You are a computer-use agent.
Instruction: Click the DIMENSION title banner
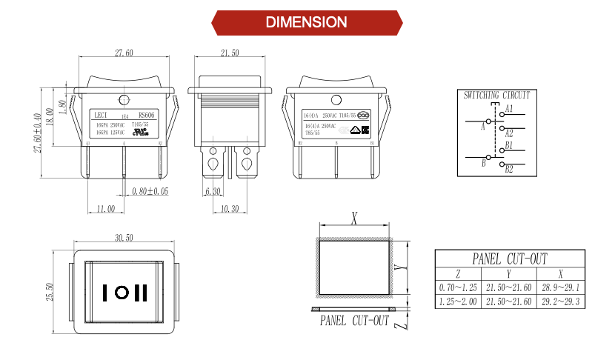tap(307, 22)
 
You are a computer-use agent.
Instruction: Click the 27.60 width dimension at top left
tap(124, 53)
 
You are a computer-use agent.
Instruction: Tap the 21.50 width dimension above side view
tap(230, 53)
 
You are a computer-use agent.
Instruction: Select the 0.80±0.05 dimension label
tap(150, 191)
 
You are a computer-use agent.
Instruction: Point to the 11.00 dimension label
tap(106, 210)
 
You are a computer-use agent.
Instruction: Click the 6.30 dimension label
tap(213, 191)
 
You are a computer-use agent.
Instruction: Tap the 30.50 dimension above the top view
tap(124, 238)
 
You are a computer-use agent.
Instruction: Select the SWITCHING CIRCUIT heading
tap(496, 96)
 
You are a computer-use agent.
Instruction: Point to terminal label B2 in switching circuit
tap(509, 170)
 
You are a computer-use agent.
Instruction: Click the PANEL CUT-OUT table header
tap(511, 259)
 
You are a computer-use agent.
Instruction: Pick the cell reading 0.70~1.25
tap(458, 287)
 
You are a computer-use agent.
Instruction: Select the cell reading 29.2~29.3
tap(561, 301)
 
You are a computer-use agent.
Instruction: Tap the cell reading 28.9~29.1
tap(561, 287)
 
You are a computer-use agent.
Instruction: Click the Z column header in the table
tap(458, 273)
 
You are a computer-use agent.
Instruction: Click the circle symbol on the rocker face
tap(122, 293)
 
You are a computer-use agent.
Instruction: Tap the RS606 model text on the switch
tap(147, 115)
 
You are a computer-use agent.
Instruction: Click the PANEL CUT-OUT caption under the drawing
tap(354, 321)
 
